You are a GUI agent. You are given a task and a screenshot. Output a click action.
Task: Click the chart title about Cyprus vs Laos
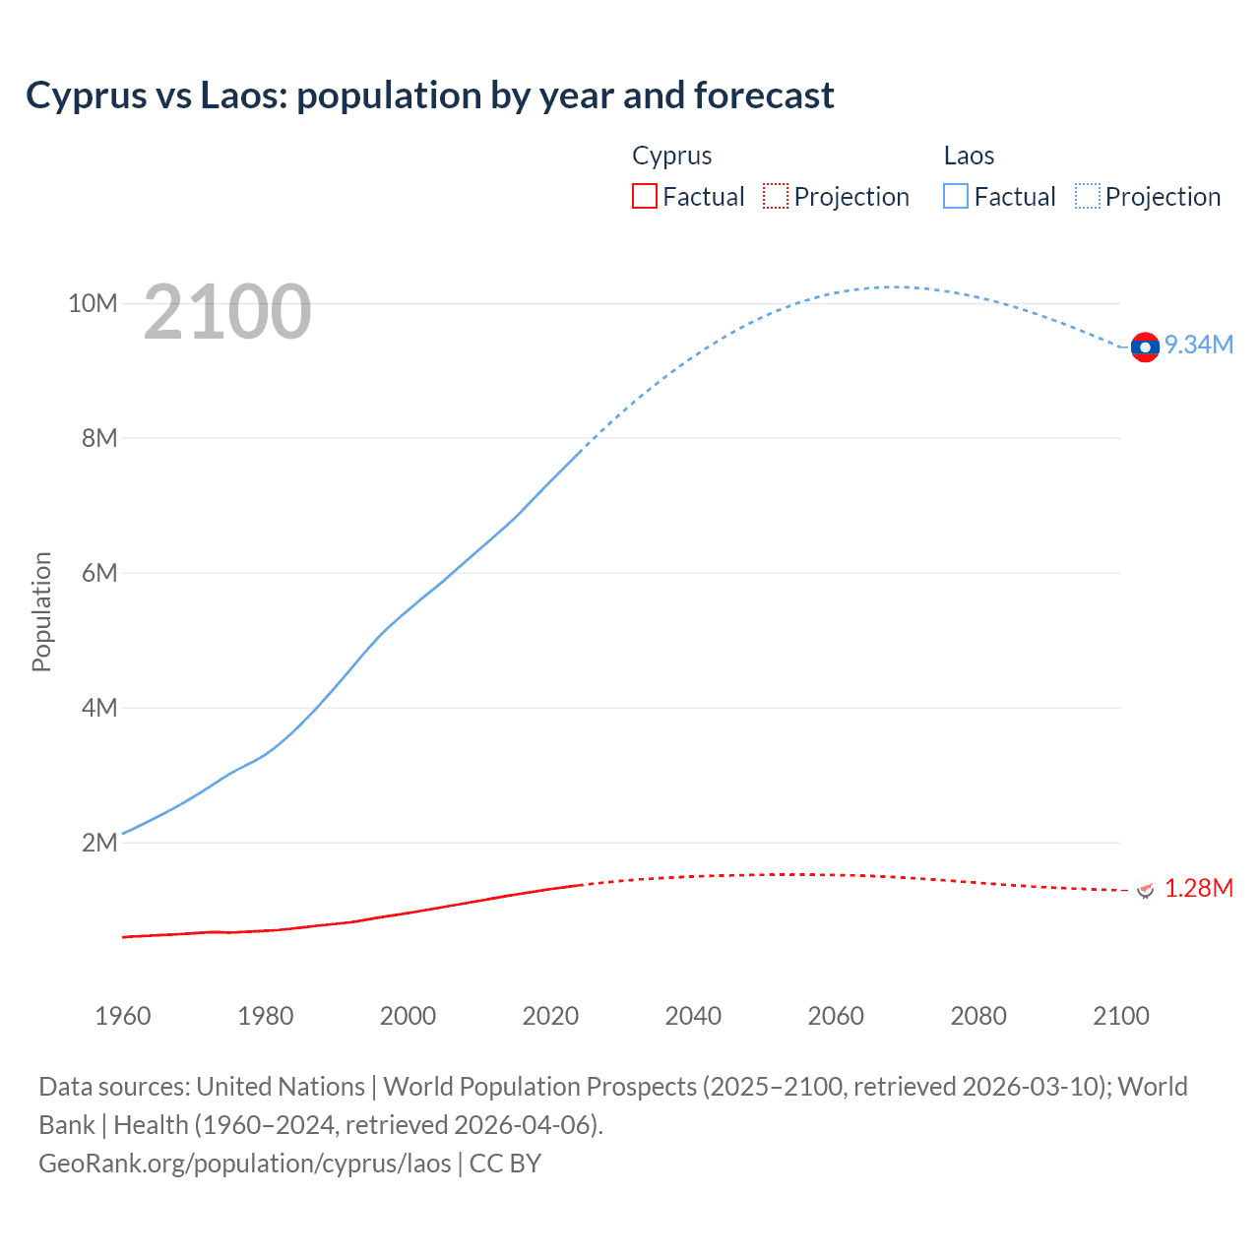430,95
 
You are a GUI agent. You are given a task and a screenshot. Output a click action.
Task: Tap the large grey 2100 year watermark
227,312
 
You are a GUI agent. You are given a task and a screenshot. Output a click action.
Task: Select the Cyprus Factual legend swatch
644,197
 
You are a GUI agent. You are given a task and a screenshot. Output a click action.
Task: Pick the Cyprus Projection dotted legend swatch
776,197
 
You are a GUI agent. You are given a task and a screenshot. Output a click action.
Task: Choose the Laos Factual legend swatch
956,197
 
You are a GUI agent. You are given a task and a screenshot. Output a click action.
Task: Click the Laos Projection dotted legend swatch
1088,197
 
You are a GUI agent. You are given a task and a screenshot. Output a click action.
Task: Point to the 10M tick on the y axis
93,303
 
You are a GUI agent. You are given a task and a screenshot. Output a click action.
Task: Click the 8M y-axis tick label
99,438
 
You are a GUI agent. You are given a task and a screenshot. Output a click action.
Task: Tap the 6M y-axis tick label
99,573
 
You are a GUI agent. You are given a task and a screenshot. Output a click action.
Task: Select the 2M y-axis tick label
99,843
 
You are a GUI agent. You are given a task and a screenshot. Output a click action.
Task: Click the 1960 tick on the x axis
123,1016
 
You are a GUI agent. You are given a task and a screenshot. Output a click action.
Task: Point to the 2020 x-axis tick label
550,1016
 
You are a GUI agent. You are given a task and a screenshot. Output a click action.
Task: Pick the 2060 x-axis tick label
836,1016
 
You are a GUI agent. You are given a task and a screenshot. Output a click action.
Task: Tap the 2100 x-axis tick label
1121,1016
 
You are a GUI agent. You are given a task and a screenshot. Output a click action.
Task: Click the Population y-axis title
41,611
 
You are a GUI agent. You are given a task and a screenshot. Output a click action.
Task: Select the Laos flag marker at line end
1145,347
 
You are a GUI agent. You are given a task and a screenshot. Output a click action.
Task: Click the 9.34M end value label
1199,345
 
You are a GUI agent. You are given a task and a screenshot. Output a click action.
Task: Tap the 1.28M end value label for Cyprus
1199,888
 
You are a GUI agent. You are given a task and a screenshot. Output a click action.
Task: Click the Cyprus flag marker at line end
1145,891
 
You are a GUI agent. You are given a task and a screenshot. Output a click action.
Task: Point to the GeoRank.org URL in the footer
245,1163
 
